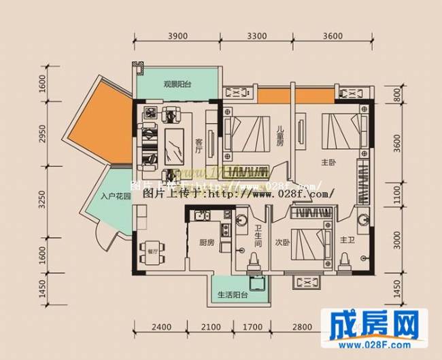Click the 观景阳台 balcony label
(x=177, y=85)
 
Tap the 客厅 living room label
(x=199, y=143)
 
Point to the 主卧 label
(x=329, y=162)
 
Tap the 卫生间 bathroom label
(x=259, y=234)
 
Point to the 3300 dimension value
(x=258, y=37)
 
